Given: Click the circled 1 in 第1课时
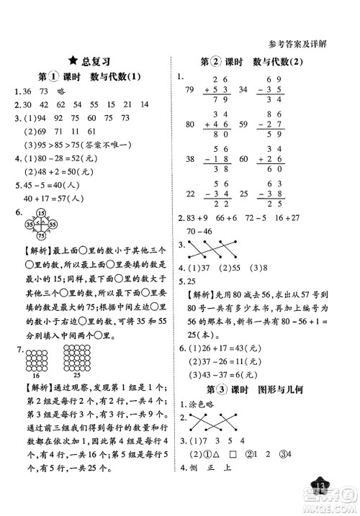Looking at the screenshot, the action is [51, 78].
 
